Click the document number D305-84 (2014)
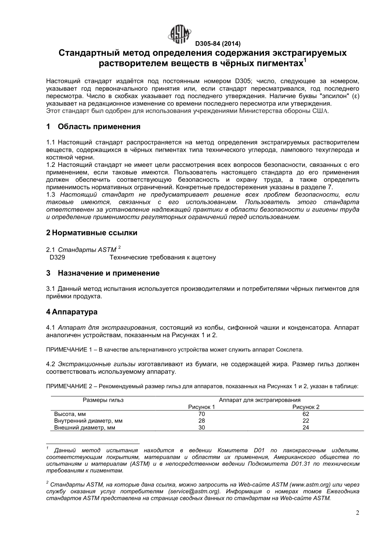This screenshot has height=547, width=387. tap(218, 44)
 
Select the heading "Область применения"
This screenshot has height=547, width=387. tap(99, 127)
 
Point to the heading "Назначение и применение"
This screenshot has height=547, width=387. tap(108, 273)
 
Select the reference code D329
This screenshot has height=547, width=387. tap(57, 257)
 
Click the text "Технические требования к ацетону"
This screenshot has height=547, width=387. tap(163, 257)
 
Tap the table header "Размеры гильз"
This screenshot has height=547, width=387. tap(103, 400)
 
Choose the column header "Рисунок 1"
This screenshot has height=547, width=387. tap(201, 407)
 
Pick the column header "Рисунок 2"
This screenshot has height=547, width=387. tap(306, 407)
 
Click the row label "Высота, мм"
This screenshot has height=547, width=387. tap(70, 414)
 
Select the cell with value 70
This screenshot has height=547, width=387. tap(201, 414)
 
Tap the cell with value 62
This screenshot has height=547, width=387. tap(306, 414)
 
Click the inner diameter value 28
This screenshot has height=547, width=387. tap(201, 421)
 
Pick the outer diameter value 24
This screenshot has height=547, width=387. tap(306, 428)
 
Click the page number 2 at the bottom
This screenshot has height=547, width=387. tap(357, 513)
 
